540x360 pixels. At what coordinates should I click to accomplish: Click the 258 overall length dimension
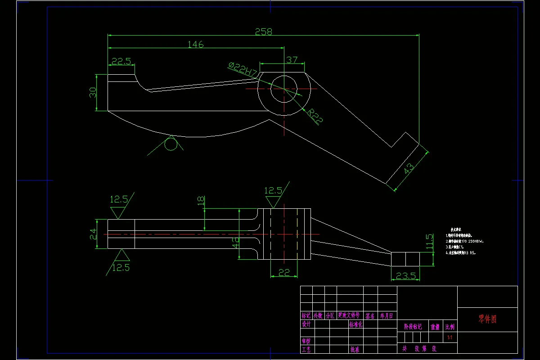[x=264, y=31]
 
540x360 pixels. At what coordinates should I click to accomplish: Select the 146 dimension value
[x=195, y=44]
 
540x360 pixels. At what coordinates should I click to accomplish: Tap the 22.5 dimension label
[x=121, y=61]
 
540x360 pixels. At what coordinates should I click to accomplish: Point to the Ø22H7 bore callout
[x=243, y=70]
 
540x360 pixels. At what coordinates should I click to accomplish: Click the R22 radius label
[x=315, y=117]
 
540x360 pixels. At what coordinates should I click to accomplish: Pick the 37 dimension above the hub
[x=292, y=60]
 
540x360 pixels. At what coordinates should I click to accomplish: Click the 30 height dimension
[x=93, y=93]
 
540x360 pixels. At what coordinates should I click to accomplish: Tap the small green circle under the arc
[x=171, y=144]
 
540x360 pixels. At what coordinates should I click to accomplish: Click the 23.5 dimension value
[x=405, y=276]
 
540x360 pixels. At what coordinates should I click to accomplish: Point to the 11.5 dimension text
[x=429, y=242]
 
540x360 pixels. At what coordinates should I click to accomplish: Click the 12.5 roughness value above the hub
[x=273, y=191]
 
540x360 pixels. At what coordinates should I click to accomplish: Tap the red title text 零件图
[x=487, y=319]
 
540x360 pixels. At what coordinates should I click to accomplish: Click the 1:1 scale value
[x=449, y=337]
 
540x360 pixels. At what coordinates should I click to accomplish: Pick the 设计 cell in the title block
[x=306, y=324]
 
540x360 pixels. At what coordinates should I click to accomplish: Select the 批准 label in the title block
[x=355, y=349]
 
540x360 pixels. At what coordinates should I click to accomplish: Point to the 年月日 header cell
[x=386, y=316]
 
